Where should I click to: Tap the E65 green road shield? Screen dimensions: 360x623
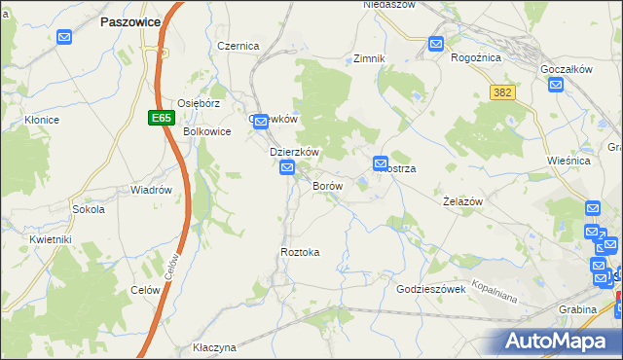(x=162, y=118)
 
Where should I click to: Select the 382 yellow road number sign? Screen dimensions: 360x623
(x=502, y=91)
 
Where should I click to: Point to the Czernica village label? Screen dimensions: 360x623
(x=238, y=46)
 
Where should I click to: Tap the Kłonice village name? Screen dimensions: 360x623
(x=43, y=121)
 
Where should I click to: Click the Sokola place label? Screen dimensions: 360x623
(x=89, y=209)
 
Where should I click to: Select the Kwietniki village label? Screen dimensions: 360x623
(x=52, y=238)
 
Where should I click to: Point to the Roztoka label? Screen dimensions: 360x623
(x=300, y=252)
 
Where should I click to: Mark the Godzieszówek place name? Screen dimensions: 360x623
(x=437, y=290)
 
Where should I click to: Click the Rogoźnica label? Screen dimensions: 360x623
(x=476, y=57)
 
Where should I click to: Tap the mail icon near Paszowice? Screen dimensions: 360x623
(x=64, y=38)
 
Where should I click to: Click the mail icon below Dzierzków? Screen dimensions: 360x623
(x=287, y=169)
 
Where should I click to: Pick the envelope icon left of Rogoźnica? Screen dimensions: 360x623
(x=436, y=44)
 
